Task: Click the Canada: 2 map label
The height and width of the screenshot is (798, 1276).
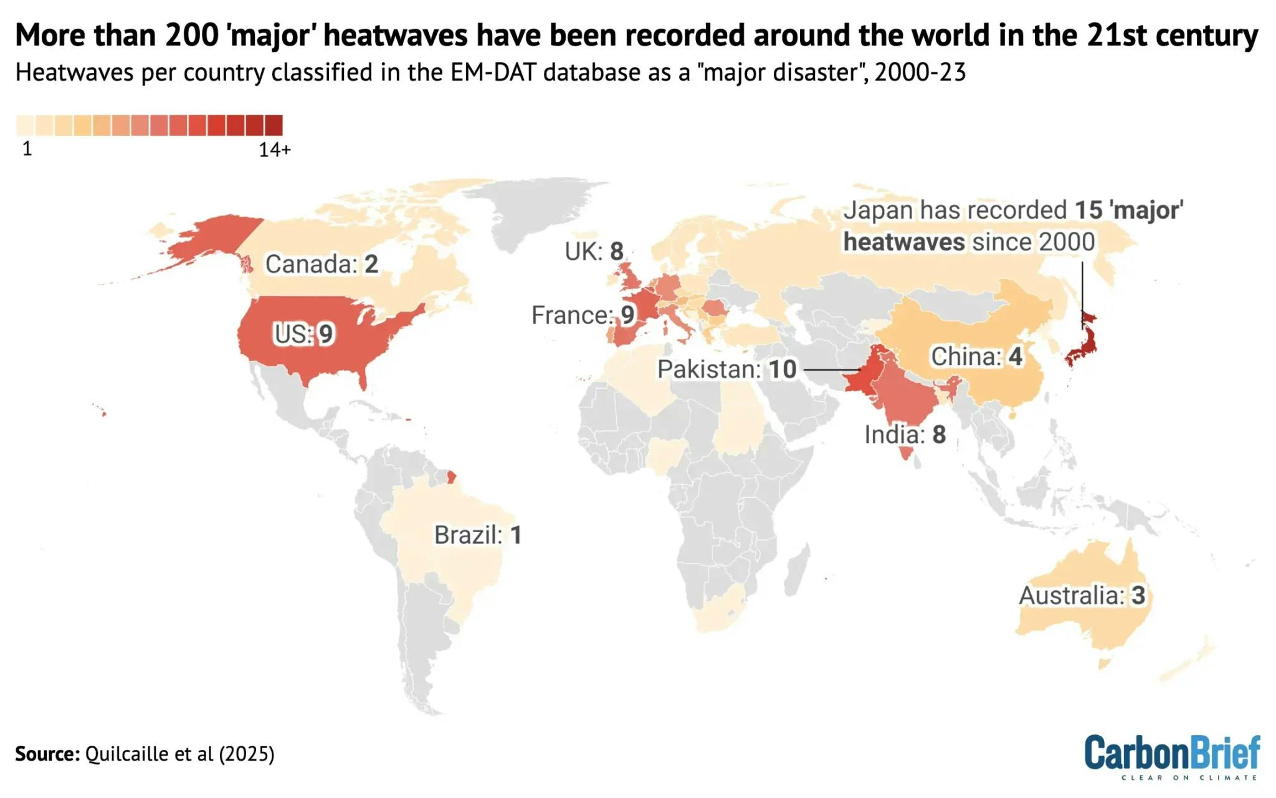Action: [321, 264]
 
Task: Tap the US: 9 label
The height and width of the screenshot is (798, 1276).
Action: [303, 335]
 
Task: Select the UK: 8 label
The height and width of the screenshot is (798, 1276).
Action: [594, 252]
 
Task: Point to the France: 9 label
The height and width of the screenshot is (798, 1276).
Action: [583, 315]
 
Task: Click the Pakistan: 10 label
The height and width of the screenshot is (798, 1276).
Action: [726, 369]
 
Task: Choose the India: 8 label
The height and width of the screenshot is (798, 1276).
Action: [905, 435]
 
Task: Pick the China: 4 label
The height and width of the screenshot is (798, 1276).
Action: [976, 357]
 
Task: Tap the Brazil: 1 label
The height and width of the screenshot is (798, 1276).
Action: [478, 535]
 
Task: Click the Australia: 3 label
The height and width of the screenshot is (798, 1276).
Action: [1082, 596]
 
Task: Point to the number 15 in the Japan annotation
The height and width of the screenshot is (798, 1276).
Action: [1088, 211]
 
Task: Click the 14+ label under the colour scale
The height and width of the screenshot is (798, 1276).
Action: [275, 150]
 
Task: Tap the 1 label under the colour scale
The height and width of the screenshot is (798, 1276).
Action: [27, 149]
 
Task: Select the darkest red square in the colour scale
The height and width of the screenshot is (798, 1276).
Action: [274, 125]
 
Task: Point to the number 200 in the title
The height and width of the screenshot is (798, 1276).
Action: [192, 36]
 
